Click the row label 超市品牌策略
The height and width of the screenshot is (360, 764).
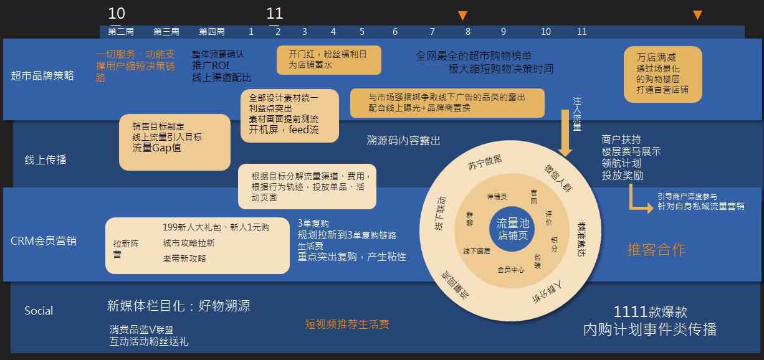point(42,75)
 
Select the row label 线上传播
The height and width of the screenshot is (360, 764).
point(45,160)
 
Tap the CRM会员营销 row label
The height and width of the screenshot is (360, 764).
point(44,240)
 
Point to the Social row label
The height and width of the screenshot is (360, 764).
point(39,311)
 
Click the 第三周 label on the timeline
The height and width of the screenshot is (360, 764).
point(166,32)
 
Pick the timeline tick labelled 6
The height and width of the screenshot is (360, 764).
point(395,32)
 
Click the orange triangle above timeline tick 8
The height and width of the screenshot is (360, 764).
point(462,15)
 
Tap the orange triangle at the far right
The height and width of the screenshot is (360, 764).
point(698,15)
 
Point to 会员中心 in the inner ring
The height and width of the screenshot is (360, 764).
point(511,270)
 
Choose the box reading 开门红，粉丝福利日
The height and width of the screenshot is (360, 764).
point(328,59)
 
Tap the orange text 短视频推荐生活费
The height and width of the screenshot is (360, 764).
point(347,324)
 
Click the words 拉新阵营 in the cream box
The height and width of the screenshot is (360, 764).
point(125,249)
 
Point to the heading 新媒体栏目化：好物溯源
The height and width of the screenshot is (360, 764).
point(179,306)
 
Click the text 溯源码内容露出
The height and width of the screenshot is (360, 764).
point(403,141)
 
